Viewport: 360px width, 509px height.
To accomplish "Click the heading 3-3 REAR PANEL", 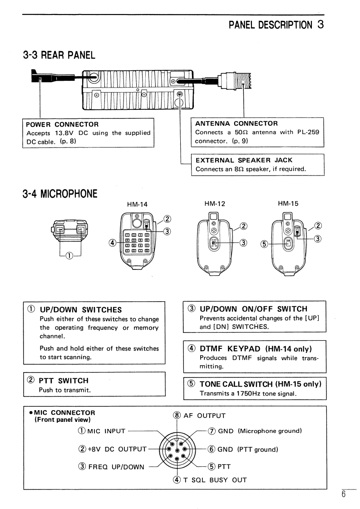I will (59, 55).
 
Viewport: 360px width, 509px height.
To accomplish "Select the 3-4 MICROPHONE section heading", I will (60, 194).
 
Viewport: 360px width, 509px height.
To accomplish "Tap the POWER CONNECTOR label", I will (62, 124).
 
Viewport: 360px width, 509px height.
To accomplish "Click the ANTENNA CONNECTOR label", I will (236, 123).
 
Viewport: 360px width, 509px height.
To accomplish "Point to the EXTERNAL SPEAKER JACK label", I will (244, 160).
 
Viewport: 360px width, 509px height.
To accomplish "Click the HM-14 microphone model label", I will (138, 204).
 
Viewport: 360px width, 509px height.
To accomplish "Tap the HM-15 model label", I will (288, 204).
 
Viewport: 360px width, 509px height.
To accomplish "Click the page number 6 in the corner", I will (344, 494).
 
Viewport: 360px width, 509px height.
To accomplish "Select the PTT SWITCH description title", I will (63, 380).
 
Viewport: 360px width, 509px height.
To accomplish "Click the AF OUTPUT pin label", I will (204, 416).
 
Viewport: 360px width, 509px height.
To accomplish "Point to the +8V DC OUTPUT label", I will (111, 449).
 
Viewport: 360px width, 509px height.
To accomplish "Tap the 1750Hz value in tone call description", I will (247, 393).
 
